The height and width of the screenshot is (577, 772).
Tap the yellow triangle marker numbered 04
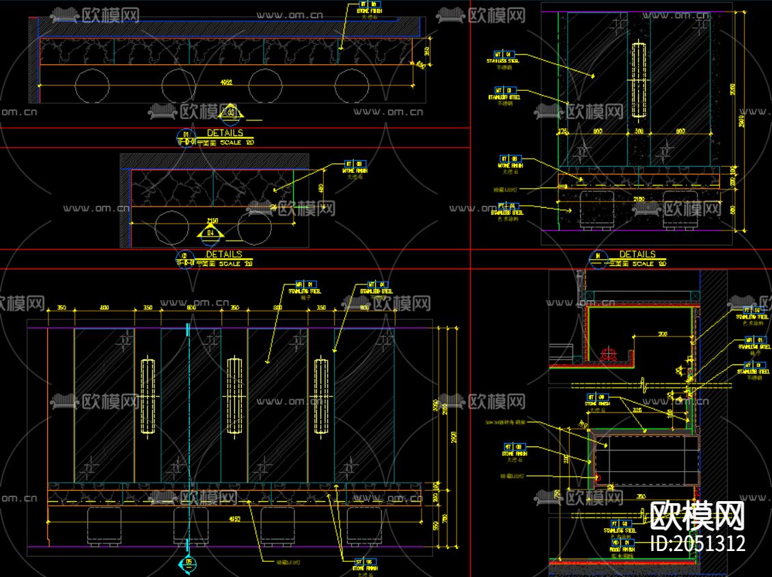pyautogui.click(x=211, y=234)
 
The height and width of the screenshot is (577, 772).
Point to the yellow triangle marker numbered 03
pyautogui.click(x=231, y=113)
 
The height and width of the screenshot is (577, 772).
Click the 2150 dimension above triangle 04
pyautogui.click(x=212, y=220)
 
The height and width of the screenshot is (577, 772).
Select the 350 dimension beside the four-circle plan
pyautogui.click(x=427, y=51)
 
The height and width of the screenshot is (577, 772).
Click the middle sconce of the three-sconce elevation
pyautogui.click(x=234, y=395)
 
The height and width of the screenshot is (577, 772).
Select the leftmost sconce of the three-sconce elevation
pyautogui.click(x=148, y=395)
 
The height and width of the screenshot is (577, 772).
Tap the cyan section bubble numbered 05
pyautogui.click(x=189, y=563)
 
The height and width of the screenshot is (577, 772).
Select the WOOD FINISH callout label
pyautogui.click(x=621, y=549)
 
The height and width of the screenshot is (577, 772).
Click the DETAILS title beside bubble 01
pyautogui.click(x=225, y=133)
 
